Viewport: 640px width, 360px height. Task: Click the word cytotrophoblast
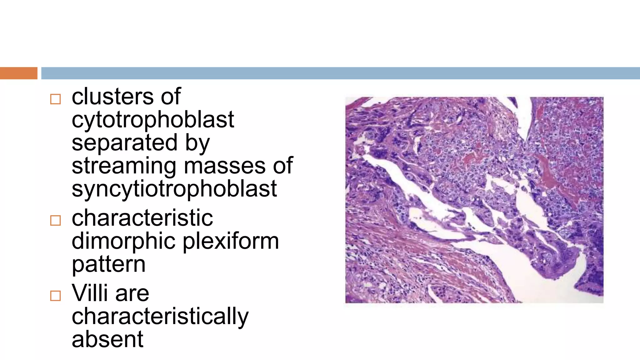(152, 120)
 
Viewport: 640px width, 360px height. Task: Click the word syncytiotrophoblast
(174, 189)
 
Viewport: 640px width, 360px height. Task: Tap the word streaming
(124, 166)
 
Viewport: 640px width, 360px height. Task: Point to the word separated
(125, 143)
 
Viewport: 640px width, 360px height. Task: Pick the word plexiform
(231, 241)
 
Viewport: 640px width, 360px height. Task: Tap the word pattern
(108, 265)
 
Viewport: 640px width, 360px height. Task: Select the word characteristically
(160, 317)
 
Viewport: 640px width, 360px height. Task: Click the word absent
(107, 339)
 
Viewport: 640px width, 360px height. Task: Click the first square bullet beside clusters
(55, 99)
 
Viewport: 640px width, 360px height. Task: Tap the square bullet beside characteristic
(55, 221)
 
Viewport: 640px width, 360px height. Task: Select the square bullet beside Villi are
(55, 296)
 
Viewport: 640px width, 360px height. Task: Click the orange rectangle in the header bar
(18, 73)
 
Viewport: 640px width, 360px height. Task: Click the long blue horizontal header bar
(340, 73)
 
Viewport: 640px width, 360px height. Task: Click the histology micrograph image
(474, 200)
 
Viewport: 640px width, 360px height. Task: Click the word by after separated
(197, 143)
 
